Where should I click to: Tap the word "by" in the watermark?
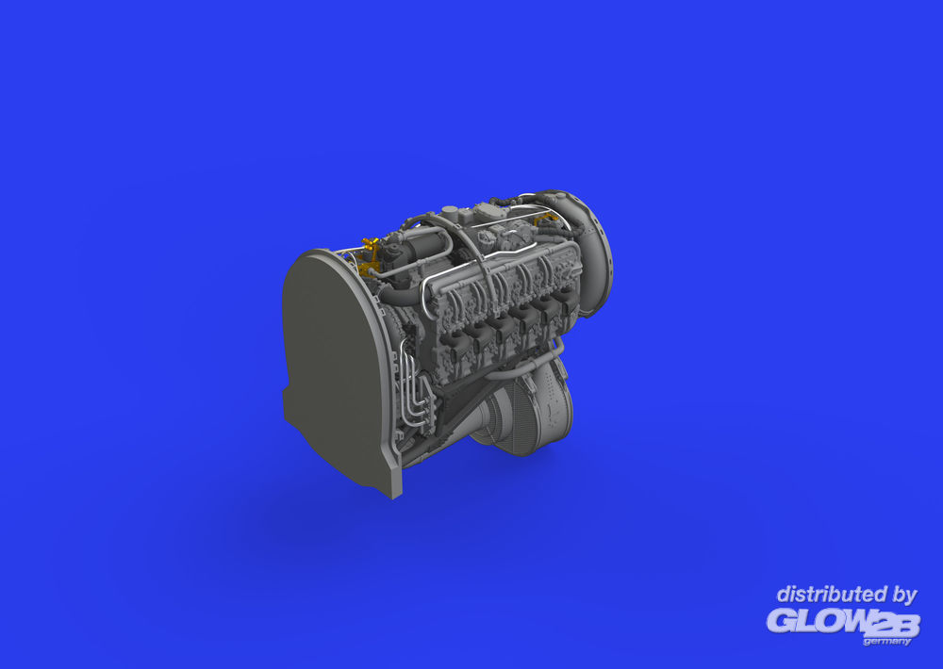coord(903,596)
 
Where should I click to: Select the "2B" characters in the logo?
coord(895,625)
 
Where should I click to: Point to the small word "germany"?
coord(886,642)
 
